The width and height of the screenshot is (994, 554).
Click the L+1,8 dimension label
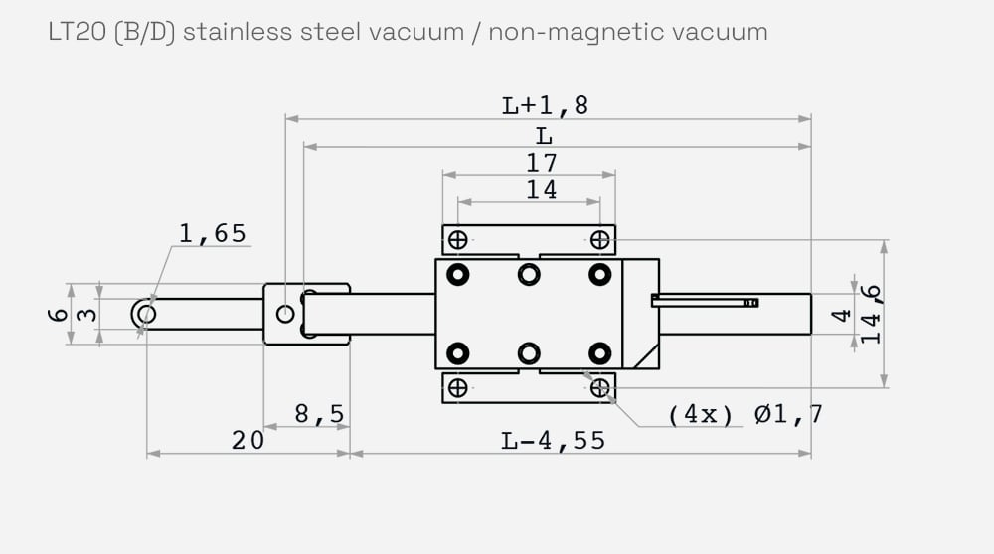point(545,105)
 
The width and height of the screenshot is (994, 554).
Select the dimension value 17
point(542,163)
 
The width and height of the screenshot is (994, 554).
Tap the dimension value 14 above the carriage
point(542,190)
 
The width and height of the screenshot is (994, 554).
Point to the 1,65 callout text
point(212,234)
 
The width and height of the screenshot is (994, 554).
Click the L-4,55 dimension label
point(553,440)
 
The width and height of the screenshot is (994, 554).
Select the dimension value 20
point(248,440)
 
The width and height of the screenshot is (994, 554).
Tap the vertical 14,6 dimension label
point(871,314)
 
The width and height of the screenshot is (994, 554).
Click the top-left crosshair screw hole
point(458,239)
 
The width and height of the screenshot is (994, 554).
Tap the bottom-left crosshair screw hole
point(458,388)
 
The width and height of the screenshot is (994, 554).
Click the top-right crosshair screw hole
point(599,239)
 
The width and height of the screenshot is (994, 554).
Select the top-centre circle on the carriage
point(529,274)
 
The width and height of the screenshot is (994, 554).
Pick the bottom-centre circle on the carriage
point(529,352)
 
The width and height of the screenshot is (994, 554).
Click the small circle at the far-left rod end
point(146,314)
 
